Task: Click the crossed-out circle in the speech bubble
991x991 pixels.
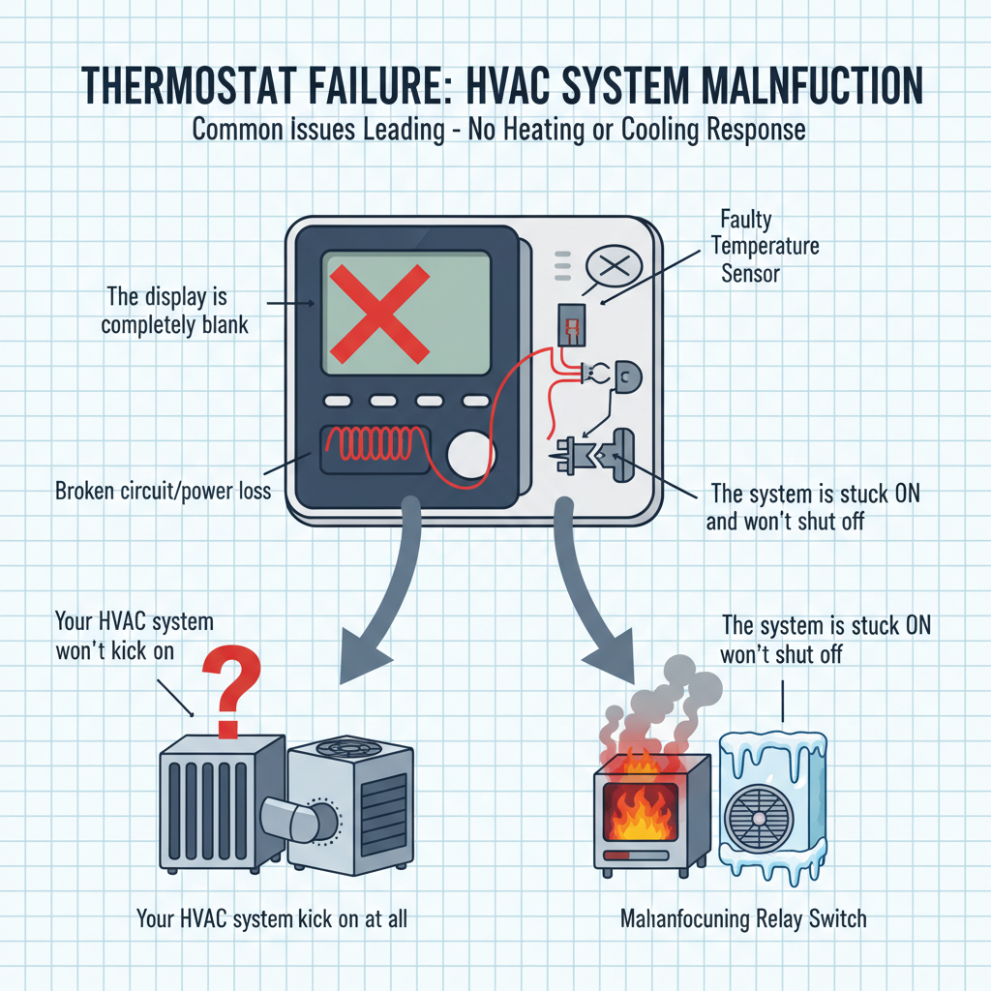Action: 615,264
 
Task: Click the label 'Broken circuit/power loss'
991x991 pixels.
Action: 164,491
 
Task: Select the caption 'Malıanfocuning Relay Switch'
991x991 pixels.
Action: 743,917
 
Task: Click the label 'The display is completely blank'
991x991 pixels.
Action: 175,309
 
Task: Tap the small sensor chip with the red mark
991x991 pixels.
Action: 571,325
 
